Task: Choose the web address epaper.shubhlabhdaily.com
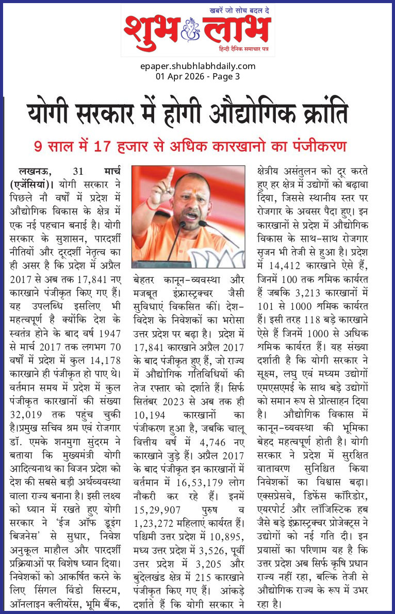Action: pos(197,66)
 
